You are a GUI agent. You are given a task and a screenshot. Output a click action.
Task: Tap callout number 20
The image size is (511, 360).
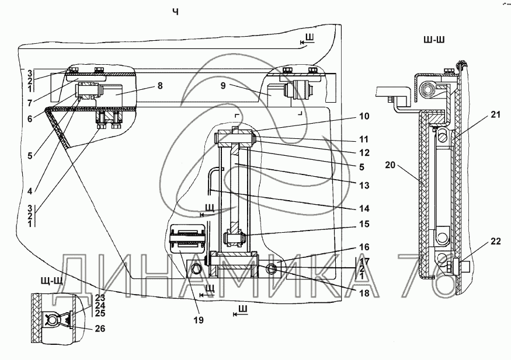point(391,166)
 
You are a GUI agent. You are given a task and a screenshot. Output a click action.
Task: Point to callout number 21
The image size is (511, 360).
point(496,116)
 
